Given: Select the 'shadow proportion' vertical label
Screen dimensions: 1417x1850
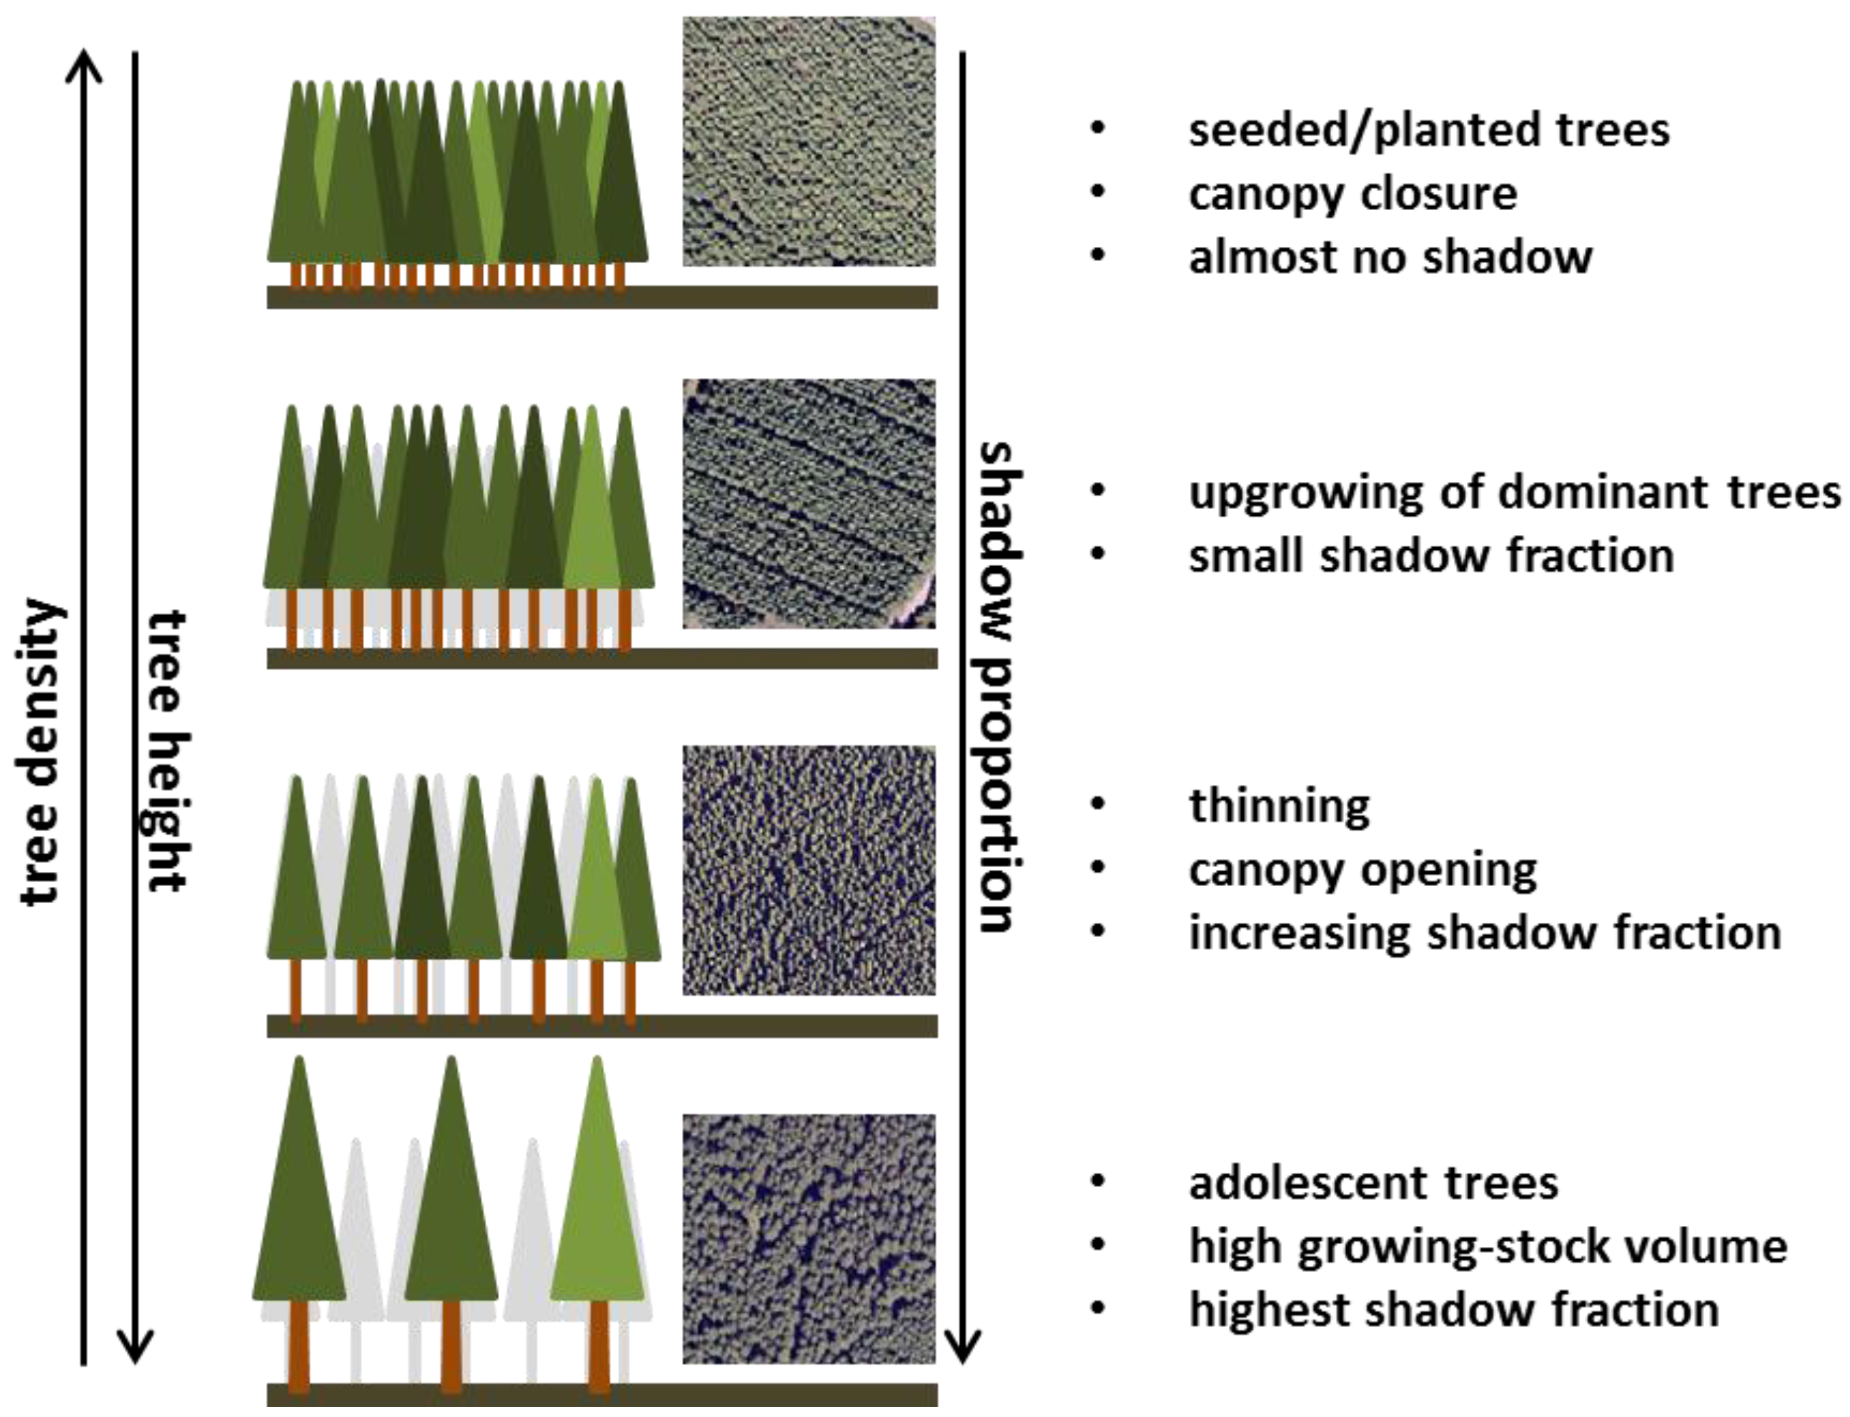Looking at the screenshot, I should click(1000, 687).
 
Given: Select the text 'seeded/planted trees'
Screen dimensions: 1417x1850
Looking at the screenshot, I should click(1428, 131).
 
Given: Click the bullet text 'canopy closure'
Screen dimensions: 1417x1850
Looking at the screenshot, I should click(1352, 194).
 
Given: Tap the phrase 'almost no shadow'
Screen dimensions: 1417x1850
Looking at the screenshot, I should click(1390, 257).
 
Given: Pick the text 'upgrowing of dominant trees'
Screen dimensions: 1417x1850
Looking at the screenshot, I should click(1514, 492).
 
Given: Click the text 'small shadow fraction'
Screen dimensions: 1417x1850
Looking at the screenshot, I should click(1431, 556).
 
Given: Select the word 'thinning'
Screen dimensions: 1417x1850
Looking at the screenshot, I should click(1279, 805).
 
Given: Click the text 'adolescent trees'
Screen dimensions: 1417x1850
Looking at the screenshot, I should click(1373, 1182).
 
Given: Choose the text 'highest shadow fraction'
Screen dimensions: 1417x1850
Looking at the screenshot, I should click(1453, 1310).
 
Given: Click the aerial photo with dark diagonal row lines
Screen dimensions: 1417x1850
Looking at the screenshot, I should click(808, 504).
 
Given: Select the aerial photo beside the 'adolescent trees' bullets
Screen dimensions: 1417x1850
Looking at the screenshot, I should click(808, 1238).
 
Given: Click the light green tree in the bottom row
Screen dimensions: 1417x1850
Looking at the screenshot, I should click(597, 1198).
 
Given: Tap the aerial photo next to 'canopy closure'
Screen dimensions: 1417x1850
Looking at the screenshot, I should click(808, 142).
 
